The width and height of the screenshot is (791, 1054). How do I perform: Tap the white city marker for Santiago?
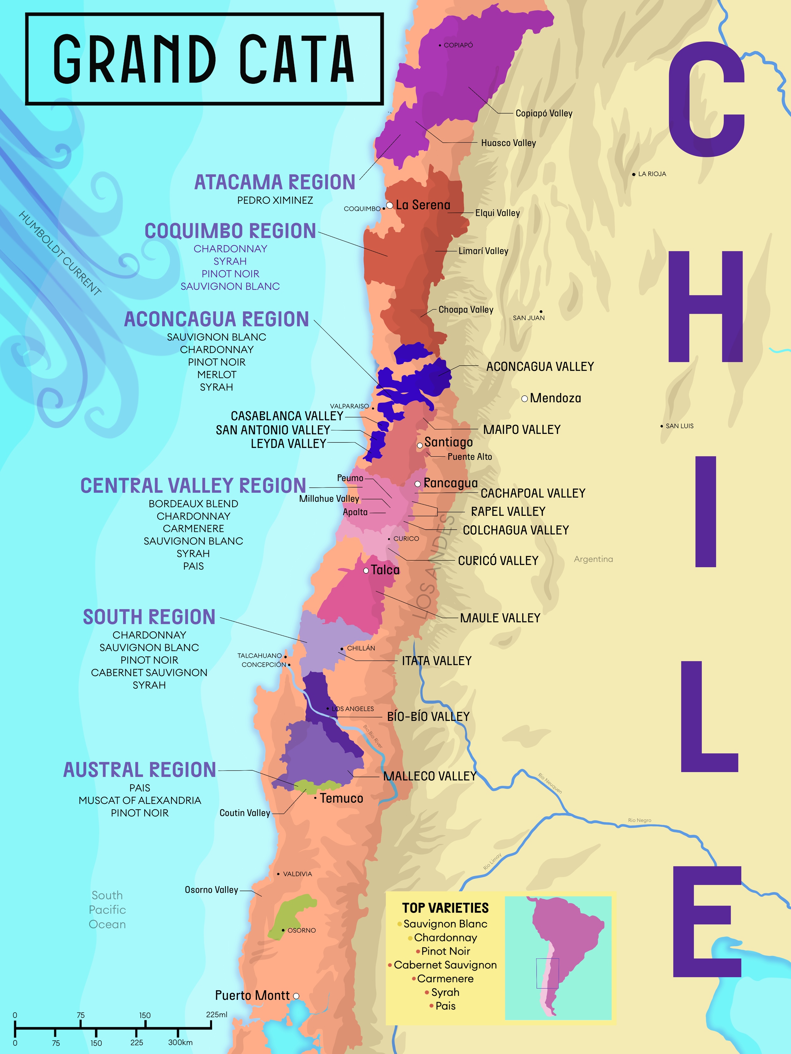pyautogui.click(x=420, y=446)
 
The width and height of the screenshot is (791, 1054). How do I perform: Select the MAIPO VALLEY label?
pyautogui.click(x=522, y=430)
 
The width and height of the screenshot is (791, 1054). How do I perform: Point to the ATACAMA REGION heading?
pyautogui.click(x=275, y=182)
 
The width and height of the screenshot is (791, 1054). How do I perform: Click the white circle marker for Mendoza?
pyautogui.click(x=525, y=398)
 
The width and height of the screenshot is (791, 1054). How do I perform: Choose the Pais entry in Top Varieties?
pyautogui.click(x=445, y=1006)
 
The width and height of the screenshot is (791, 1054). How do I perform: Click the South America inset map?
pyautogui.click(x=558, y=958)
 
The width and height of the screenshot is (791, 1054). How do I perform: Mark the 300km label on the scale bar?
pyautogui.click(x=180, y=1043)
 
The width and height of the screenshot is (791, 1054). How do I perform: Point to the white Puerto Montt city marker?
pyautogui.click(x=296, y=996)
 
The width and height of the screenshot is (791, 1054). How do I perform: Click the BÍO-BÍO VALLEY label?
pyautogui.click(x=428, y=717)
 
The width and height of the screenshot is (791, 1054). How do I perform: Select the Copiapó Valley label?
pyautogui.click(x=544, y=114)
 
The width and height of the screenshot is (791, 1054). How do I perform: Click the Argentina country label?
pyautogui.click(x=593, y=559)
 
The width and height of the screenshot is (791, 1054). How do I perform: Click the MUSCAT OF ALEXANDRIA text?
pyautogui.click(x=140, y=800)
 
